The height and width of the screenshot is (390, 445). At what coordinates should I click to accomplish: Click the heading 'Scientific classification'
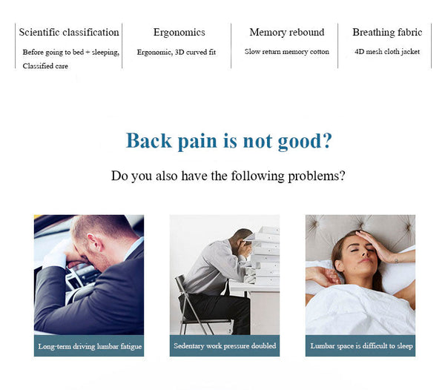click(x=69, y=33)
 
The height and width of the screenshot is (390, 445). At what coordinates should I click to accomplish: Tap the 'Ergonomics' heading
click(x=179, y=33)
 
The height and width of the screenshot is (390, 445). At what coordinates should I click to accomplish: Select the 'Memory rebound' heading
click(x=287, y=33)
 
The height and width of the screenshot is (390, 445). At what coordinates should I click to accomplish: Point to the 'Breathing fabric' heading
click(x=387, y=33)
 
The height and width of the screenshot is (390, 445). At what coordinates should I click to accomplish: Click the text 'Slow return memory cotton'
click(x=287, y=52)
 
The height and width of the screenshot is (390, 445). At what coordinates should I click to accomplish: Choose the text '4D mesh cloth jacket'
click(x=387, y=52)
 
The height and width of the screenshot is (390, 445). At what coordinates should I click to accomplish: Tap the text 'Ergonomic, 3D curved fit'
click(x=177, y=52)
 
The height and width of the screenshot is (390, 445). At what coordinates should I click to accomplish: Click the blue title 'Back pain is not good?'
click(x=228, y=141)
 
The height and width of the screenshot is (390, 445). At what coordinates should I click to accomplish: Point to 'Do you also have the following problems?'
click(x=228, y=176)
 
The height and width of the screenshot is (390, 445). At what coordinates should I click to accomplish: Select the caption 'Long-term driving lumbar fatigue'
click(x=90, y=346)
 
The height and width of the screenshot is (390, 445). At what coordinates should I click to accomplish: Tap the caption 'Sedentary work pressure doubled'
click(x=225, y=346)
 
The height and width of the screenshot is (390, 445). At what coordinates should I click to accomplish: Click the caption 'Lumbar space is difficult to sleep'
click(x=360, y=346)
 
